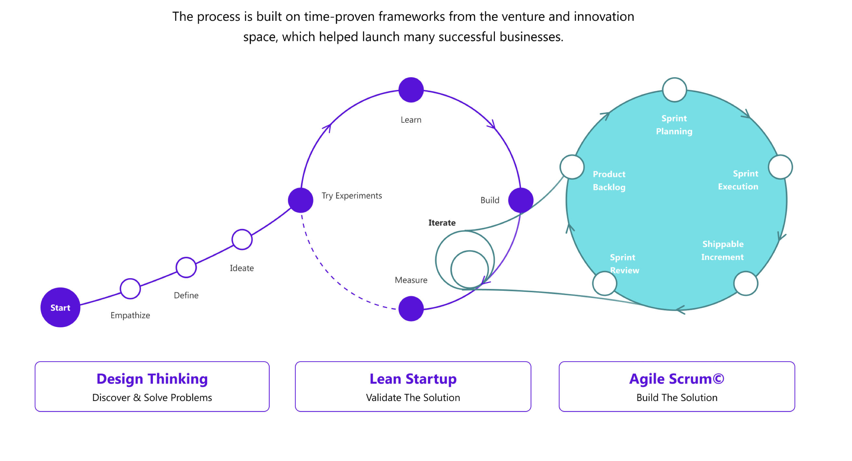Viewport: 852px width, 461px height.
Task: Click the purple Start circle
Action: pyautogui.click(x=60, y=307)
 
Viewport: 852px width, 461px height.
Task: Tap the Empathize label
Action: pyautogui.click(x=130, y=315)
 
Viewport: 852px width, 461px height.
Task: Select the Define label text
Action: pyautogui.click(x=186, y=295)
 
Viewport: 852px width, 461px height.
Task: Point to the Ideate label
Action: pyautogui.click(x=242, y=268)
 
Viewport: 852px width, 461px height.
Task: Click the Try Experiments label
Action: pyautogui.click(x=352, y=195)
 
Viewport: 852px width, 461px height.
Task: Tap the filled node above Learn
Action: pyautogui.click(x=411, y=90)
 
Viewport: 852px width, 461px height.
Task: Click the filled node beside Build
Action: pyautogui.click(x=520, y=200)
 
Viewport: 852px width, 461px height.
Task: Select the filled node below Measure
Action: pyautogui.click(x=411, y=308)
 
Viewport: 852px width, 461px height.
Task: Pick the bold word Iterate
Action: pyautogui.click(x=442, y=223)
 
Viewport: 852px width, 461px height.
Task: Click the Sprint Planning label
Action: pyautogui.click(x=674, y=125)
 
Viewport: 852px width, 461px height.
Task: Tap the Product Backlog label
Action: pyautogui.click(x=609, y=181)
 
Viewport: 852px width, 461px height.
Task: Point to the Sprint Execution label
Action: pyautogui.click(x=738, y=180)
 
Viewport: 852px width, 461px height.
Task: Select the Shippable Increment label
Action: pyautogui.click(x=723, y=250)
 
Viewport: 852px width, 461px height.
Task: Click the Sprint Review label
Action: pyautogui.click(x=624, y=264)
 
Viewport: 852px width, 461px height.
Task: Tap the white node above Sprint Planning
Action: pyautogui.click(x=674, y=90)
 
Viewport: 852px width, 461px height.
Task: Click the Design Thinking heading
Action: pyautogui.click(x=152, y=379)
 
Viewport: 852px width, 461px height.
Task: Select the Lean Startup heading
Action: pyautogui.click(x=413, y=379)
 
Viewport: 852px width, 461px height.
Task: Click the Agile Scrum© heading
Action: pyautogui.click(x=676, y=379)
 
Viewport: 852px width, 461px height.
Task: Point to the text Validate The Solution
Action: pyautogui.click(x=413, y=397)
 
